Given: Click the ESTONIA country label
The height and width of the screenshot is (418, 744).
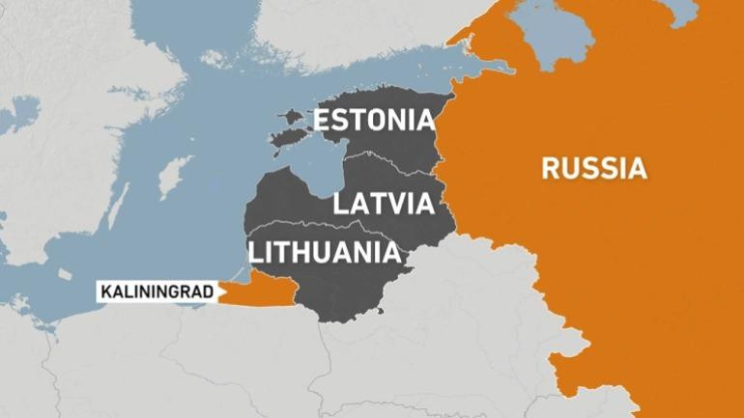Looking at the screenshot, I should click(x=372, y=121).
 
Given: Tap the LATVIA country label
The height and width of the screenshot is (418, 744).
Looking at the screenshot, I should click(x=381, y=204).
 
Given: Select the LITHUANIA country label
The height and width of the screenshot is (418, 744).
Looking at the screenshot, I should click(x=324, y=253).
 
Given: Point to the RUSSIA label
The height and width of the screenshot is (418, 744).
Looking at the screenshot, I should click(x=592, y=169).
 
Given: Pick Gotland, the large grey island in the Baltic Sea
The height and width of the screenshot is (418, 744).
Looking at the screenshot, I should click(x=173, y=178).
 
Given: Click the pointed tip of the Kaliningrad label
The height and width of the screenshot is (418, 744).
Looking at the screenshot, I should click(x=219, y=290).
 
